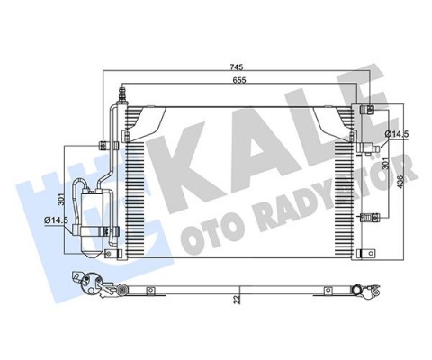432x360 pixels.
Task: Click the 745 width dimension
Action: coord(235,67)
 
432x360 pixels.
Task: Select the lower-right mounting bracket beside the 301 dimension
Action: coord(371,217)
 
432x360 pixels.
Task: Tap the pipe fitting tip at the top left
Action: coord(121,91)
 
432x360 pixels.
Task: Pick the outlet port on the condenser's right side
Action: coord(367,143)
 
